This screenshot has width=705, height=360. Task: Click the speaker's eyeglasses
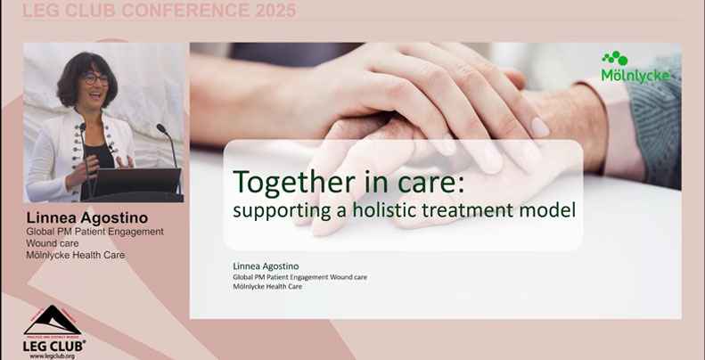point(94,78)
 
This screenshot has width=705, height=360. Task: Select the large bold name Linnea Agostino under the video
point(87,217)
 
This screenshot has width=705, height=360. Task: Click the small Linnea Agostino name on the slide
point(263,266)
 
